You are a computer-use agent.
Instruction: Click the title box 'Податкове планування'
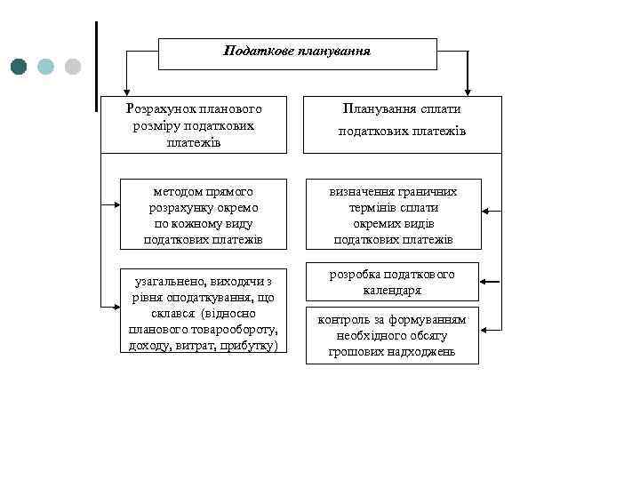297,53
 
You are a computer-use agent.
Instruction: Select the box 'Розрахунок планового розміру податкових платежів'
194,125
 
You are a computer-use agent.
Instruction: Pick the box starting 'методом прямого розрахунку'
203,215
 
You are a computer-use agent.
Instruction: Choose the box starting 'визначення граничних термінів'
393,215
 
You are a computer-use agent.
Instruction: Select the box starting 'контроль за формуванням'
392,335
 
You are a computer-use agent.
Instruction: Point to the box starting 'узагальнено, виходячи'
203,309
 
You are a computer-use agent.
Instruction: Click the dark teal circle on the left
20,66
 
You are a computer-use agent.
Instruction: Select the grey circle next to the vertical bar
73,66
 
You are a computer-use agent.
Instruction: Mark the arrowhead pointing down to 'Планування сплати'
468,91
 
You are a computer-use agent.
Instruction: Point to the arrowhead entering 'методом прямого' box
116,206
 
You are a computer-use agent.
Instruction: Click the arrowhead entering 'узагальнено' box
116,306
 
